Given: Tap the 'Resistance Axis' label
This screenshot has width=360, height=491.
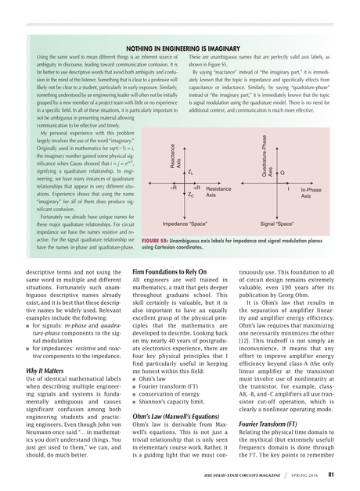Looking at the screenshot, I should click(218, 192).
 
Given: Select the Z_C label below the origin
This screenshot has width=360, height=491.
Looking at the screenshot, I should click(192, 195).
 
